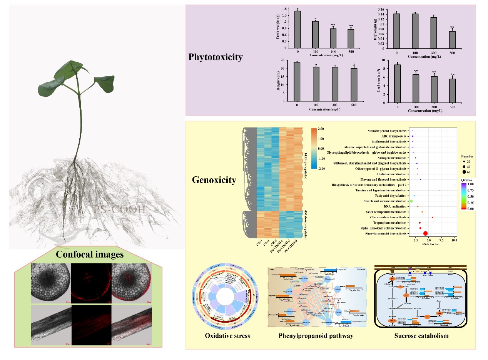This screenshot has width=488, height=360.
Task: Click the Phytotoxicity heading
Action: (216, 57)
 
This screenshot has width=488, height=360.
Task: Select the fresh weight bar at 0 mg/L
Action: (297, 29)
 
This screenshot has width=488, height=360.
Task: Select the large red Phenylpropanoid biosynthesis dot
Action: (425, 233)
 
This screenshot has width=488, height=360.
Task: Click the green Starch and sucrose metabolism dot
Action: (411, 201)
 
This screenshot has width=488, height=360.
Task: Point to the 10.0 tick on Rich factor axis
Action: (454, 240)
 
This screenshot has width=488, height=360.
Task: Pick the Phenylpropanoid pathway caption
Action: (316, 336)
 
